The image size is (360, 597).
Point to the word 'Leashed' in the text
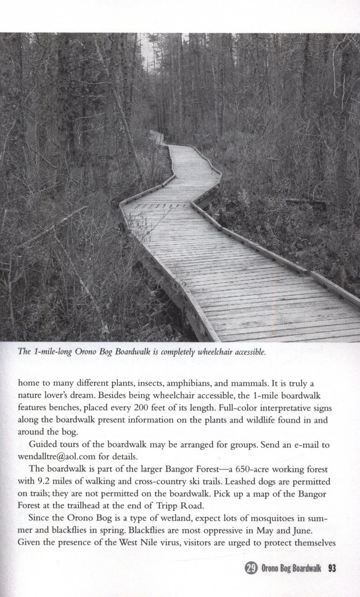coord(250,480)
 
